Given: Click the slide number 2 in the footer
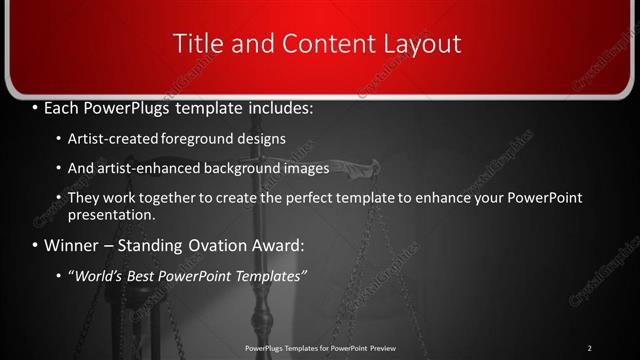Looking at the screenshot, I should pyautogui.click(x=589, y=348).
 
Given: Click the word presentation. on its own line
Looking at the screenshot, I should pyautogui.click(x=112, y=214).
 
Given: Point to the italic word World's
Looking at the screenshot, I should pyautogui.click(x=97, y=274).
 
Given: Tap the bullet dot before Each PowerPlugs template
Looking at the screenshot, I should pyautogui.click(x=36, y=106).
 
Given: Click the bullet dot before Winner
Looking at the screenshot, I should pyautogui.click(x=36, y=245).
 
